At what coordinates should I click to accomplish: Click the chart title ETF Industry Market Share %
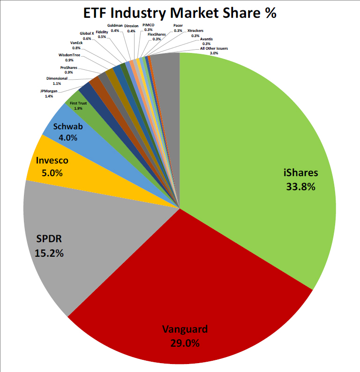click(180, 13)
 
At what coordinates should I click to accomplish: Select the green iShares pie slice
click(262, 141)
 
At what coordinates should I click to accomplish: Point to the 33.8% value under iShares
click(300, 186)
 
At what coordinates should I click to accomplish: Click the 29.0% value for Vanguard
click(185, 342)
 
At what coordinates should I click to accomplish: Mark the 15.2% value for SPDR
click(49, 253)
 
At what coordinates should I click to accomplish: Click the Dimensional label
click(57, 78)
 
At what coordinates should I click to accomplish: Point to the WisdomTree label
click(69, 55)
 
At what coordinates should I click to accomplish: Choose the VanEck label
click(76, 43)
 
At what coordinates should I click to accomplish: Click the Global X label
click(87, 33)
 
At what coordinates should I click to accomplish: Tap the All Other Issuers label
click(214, 48)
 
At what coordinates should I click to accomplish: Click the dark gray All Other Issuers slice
click(165, 70)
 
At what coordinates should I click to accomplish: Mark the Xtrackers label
click(195, 30)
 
